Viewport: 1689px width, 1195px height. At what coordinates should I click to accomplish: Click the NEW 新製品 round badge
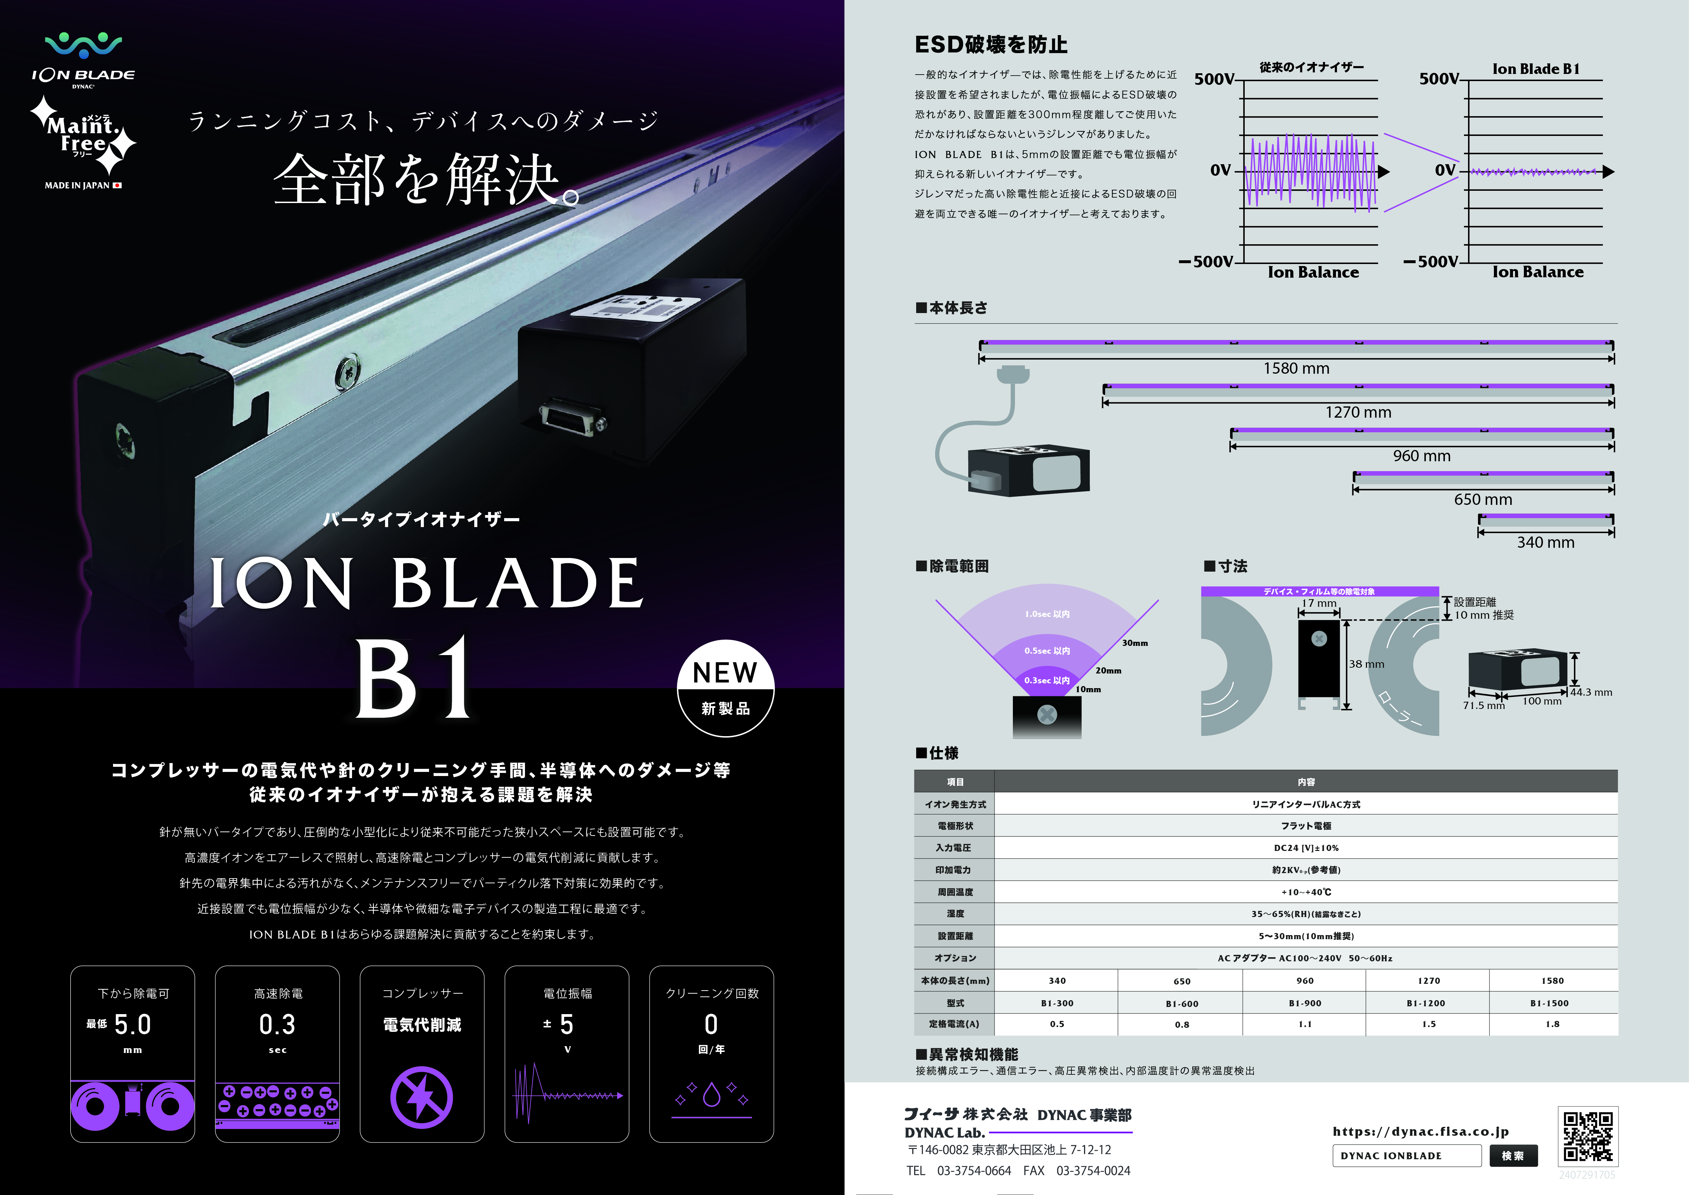click(x=725, y=688)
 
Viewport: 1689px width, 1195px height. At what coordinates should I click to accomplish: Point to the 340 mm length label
click(x=1546, y=542)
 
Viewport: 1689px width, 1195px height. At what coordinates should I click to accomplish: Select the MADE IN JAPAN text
click(x=77, y=185)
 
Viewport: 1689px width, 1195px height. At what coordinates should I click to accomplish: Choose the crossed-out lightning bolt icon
click(x=421, y=1097)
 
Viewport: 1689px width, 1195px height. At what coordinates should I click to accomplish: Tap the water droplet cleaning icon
click(x=711, y=1094)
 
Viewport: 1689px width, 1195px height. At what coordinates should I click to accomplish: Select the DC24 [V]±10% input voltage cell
click(x=1306, y=848)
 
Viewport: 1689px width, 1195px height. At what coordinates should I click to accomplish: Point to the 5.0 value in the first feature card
click(x=132, y=1024)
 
